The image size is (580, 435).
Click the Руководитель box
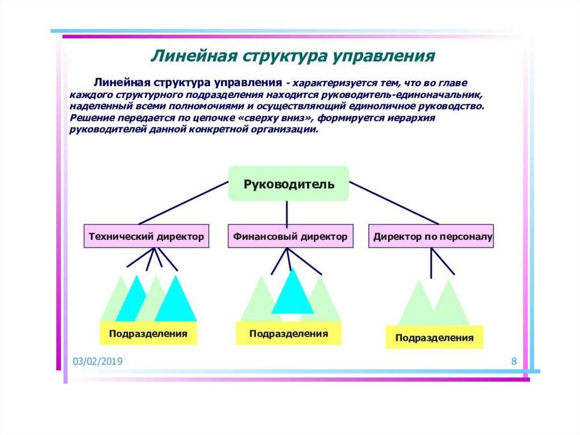(288, 184)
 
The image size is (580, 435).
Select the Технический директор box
(146, 236)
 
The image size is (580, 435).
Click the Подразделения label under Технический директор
(148, 333)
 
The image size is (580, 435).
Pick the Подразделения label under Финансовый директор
(288, 333)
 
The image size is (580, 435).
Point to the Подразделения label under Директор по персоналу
(434, 337)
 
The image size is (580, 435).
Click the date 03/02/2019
(97, 362)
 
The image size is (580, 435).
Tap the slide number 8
(514, 361)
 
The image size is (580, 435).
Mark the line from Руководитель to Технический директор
(181, 203)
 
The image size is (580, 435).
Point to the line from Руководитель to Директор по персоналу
(394, 203)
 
